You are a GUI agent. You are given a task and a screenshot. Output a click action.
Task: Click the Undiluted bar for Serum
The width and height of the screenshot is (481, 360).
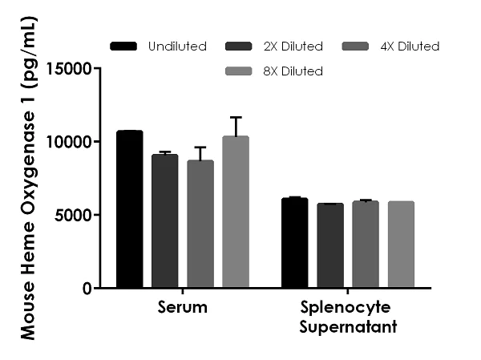[x=129, y=208]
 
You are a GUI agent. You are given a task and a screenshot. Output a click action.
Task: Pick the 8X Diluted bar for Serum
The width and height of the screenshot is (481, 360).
[x=236, y=212]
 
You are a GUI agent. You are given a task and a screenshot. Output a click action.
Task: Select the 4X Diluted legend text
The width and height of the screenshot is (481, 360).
[x=410, y=47]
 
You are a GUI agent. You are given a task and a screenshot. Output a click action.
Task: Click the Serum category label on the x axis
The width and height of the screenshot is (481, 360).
[x=182, y=308]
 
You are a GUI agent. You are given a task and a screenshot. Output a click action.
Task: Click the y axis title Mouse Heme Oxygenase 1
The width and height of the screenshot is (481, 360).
[x=27, y=180]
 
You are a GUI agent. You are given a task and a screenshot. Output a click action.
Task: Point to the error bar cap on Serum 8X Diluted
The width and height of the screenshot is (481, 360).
[x=236, y=117]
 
